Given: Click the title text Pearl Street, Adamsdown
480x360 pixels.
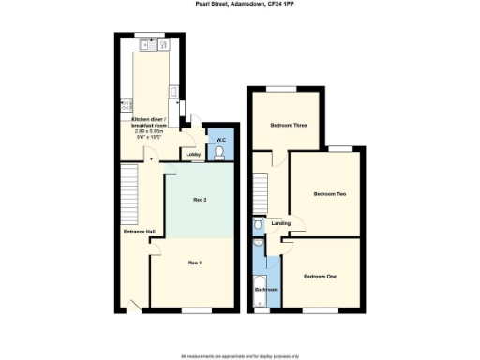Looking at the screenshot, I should click(x=240, y=7).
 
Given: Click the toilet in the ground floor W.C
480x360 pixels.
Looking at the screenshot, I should click(x=220, y=156).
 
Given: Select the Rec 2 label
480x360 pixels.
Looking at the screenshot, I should click(x=199, y=201).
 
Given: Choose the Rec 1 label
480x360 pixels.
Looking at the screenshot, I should click(x=194, y=262).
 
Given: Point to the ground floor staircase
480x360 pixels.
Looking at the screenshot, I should click(x=129, y=197).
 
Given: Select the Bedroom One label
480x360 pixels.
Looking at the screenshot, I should click(x=322, y=276).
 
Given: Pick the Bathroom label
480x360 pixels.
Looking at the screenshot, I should click(x=267, y=290).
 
